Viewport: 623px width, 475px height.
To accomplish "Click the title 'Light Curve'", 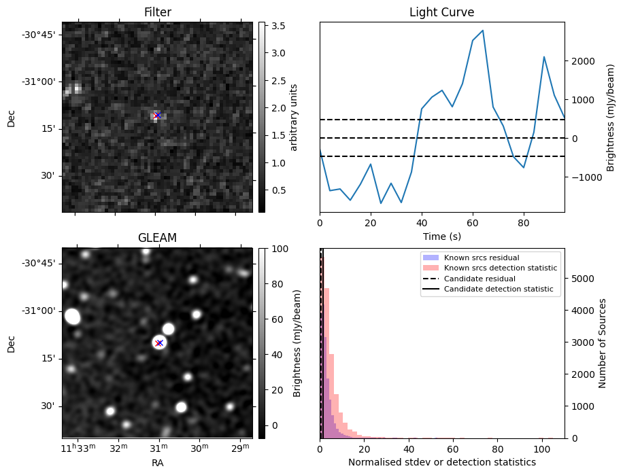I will [x=441, y=12].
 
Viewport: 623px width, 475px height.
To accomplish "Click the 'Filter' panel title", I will [x=157, y=12].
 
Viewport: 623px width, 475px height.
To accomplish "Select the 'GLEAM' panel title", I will [x=157, y=238].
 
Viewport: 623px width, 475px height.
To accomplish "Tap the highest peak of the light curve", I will [x=482, y=31].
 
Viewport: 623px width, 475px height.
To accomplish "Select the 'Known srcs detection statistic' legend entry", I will [x=500, y=268].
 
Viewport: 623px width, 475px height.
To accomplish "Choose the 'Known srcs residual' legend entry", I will [x=482, y=258].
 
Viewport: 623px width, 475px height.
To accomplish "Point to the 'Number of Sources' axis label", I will [x=602, y=343].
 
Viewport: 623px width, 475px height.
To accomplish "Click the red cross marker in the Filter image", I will [x=157, y=116].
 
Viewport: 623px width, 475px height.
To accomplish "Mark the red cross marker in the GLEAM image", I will [x=159, y=342].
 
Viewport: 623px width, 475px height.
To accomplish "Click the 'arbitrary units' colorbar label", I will [x=294, y=117].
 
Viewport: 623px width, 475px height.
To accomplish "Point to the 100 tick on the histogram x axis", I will [x=541, y=449].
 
